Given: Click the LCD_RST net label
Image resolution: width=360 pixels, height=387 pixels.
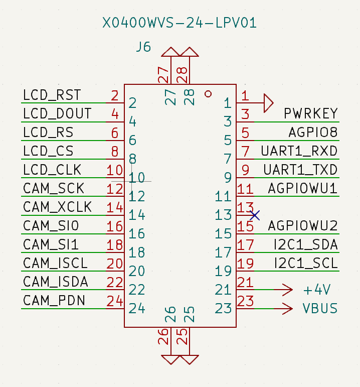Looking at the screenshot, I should coord(52,95).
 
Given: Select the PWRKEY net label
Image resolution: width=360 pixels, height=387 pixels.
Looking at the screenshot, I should coord(310,113).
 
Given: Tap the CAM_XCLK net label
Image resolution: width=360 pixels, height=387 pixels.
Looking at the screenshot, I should coord(57,207).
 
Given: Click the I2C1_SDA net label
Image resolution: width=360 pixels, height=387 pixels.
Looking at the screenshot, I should coord(305,245).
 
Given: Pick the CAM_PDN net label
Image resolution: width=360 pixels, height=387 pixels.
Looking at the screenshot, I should coord(54,301).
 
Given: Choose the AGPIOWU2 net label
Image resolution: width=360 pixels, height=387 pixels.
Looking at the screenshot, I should coord(303,226).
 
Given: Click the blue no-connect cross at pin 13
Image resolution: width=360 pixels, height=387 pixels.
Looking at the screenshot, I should coord(255,215).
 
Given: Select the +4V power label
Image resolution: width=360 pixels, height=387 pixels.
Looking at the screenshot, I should coord(317,290).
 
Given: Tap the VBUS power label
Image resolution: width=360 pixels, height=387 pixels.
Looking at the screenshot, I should coord(319,308).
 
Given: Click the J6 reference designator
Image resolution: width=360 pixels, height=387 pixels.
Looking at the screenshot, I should coord(143,48).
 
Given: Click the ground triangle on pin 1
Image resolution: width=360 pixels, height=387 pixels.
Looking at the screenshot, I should coord(268,103).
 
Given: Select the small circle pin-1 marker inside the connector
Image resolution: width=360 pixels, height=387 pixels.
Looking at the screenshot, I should coord(209,94).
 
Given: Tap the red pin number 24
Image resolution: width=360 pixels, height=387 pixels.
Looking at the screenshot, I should coord(115,301).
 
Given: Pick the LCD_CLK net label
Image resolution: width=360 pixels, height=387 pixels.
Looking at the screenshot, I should coord(52,170).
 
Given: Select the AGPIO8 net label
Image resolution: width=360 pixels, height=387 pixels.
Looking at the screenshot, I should coord(312,133).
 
